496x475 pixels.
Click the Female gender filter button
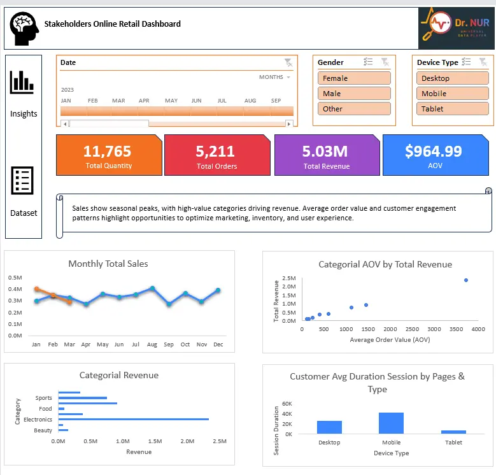click(354, 78)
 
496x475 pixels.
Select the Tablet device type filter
click(453, 109)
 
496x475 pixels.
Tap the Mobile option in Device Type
click(453, 94)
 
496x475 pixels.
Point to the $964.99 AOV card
click(434, 155)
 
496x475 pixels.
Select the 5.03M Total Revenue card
click(326, 155)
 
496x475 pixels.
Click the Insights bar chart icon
click(22, 82)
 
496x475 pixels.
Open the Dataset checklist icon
click(22, 181)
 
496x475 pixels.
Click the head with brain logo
click(24, 29)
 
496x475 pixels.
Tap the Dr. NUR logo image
click(454, 29)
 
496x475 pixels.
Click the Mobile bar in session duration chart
click(391, 423)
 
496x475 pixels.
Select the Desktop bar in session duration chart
click(329, 427)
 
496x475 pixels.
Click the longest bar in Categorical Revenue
click(133, 419)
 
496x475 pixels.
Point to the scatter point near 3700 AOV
click(466, 280)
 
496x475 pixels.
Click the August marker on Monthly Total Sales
click(152, 288)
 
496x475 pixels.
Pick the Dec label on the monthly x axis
click(218, 344)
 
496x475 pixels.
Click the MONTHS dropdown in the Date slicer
click(274, 77)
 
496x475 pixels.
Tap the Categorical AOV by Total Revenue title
click(385, 264)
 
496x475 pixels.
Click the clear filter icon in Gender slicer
click(385, 62)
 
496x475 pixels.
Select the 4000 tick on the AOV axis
click(478, 329)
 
